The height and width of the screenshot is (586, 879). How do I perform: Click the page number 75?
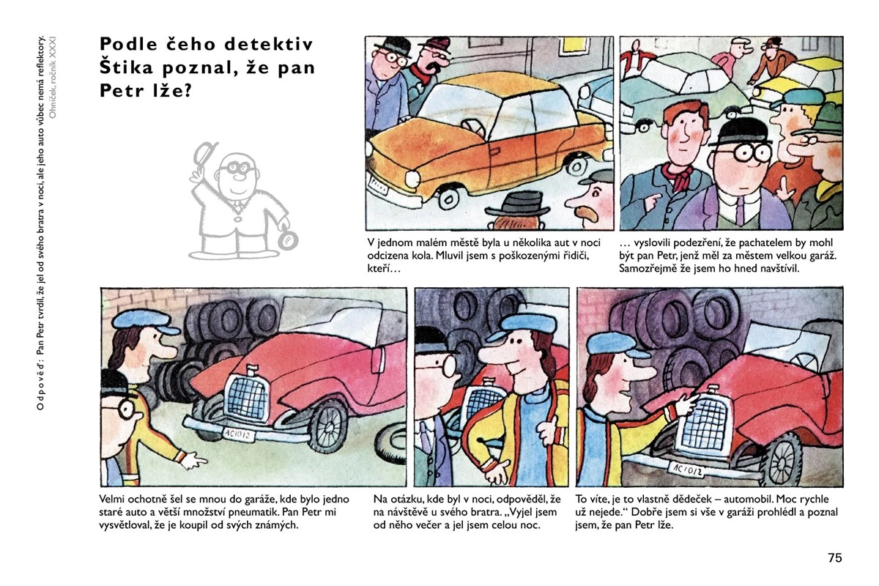(x=835, y=557)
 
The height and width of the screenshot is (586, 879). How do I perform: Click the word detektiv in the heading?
(x=269, y=44)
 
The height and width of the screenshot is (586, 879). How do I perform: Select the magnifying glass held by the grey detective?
(x=289, y=240)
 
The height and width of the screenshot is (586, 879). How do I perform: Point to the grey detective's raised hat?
(x=205, y=152)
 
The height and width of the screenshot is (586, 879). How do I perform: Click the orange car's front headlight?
(x=412, y=179)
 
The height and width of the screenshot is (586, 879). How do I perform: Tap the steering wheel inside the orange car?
(x=475, y=128)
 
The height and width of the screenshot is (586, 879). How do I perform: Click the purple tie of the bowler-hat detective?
(x=740, y=211)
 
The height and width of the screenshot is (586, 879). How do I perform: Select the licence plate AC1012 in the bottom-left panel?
(x=239, y=435)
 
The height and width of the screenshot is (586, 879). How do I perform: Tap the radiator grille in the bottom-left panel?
(x=246, y=397)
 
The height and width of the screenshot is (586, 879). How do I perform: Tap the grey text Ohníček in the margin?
(x=53, y=102)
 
